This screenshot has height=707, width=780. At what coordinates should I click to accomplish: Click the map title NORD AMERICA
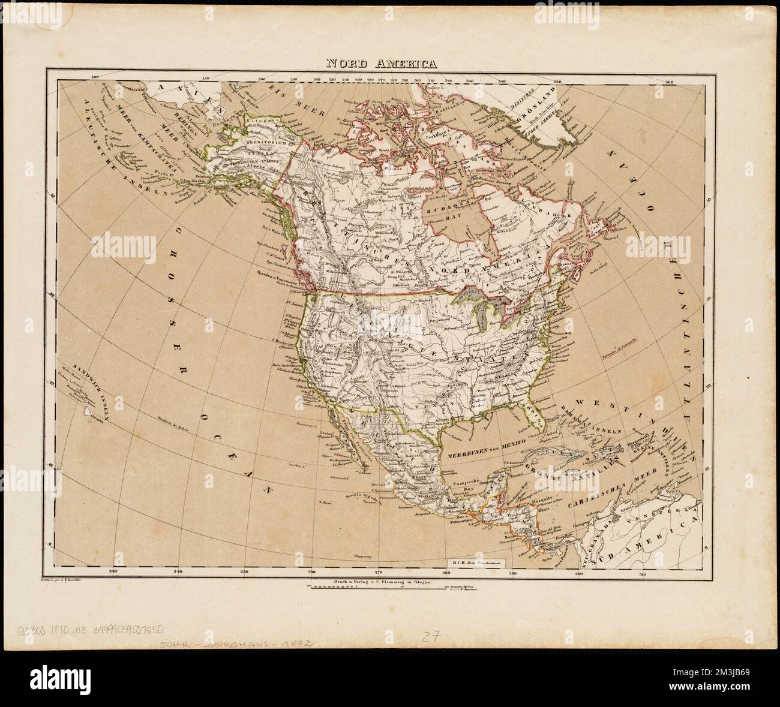(x=381, y=63)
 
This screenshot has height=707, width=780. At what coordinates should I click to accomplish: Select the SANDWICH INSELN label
(x=91, y=386)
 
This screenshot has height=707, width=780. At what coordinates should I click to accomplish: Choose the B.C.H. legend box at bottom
(x=476, y=563)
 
